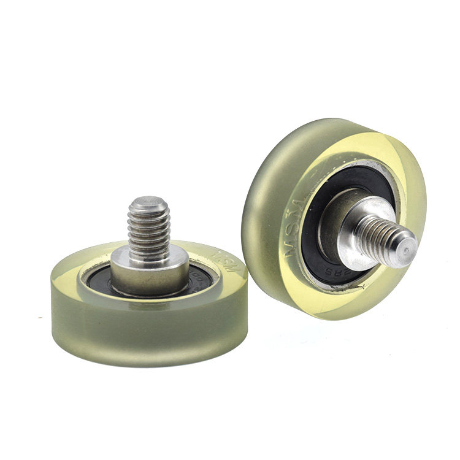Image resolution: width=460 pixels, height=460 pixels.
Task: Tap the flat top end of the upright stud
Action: pyautogui.click(x=148, y=201)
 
